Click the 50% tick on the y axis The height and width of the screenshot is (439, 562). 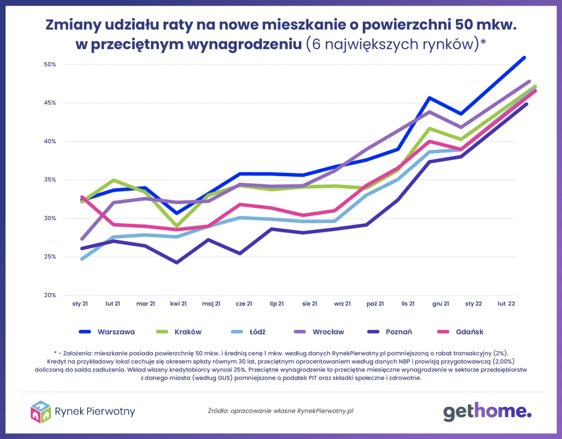pos(50,65)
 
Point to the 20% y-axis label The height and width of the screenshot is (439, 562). pos(50,295)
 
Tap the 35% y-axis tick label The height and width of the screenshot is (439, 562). pos(50,180)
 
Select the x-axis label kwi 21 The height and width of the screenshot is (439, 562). pos(178,303)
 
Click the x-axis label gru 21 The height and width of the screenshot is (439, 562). pos(441,303)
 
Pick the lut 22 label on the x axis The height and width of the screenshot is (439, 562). pos(506,303)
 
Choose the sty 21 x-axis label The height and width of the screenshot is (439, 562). pos(80,303)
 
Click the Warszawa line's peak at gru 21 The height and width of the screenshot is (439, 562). pos(430,98)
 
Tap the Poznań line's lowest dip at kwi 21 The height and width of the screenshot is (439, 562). pos(177,262)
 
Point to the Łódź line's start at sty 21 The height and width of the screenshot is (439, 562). pos(82,258)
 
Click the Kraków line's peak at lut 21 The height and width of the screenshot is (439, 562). pos(113,180)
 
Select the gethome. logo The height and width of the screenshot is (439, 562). pos(487,411)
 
